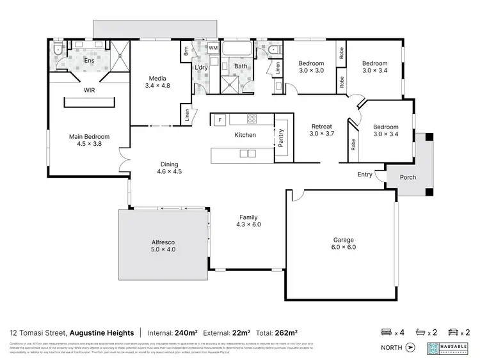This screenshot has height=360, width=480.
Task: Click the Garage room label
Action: (343, 244)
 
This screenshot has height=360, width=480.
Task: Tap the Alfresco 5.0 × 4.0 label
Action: (163, 246)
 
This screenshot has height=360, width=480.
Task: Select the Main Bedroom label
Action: (89, 140)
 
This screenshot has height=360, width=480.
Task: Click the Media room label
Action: (157, 82)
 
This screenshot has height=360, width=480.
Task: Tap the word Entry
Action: (365, 174)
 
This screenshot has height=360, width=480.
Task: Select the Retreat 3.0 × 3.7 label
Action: (322, 130)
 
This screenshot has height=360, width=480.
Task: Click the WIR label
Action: (90, 91)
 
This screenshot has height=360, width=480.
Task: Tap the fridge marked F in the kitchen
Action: (220, 120)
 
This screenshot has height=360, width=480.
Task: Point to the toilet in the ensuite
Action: (58, 49)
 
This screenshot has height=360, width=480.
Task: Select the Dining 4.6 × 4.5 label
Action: (170, 168)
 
